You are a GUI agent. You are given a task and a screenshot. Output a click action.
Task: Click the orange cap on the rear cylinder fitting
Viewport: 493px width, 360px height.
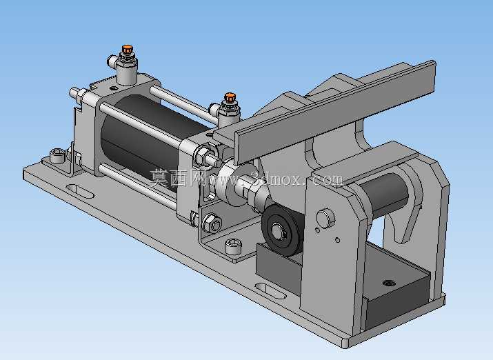(128, 49)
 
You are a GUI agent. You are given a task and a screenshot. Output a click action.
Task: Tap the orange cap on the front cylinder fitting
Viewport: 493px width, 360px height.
(230, 97)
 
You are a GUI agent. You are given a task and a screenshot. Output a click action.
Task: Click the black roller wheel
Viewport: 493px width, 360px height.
(281, 230)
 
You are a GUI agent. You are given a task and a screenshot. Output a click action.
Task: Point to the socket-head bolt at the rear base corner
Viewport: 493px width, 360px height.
(57, 155)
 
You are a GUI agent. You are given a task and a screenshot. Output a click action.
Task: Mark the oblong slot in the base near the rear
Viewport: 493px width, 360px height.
(80, 191)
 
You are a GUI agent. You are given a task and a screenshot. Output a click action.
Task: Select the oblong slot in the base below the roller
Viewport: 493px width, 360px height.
(270, 290)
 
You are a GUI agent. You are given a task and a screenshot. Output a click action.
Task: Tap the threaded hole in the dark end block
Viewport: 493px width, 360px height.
(390, 283)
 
